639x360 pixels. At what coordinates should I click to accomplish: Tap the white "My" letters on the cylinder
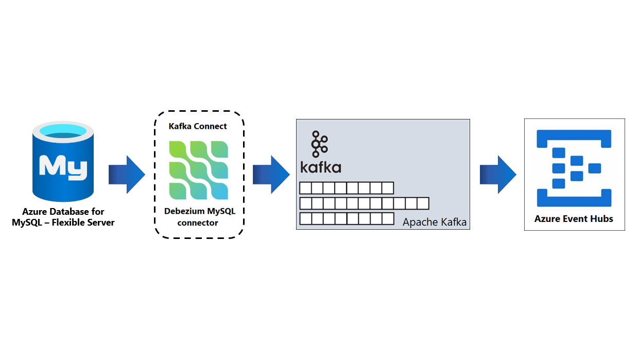[x=63, y=166]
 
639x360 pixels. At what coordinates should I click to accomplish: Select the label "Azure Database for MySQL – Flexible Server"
[x=63, y=217]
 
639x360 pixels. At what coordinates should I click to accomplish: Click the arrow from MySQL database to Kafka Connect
[x=127, y=175]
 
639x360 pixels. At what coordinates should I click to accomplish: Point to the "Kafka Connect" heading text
[x=198, y=126]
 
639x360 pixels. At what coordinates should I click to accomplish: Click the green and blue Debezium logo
[x=198, y=170]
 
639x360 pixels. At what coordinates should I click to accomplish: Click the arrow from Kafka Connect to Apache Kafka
[x=271, y=175]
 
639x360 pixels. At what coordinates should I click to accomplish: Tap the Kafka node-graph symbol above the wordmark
[x=319, y=144]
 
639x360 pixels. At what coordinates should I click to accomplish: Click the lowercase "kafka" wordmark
[x=320, y=167]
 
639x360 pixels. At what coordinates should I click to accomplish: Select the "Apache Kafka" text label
[x=435, y=222]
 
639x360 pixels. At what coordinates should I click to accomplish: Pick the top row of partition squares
[x=347, y=188]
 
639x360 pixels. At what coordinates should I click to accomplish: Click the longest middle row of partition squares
[x=364, y=203]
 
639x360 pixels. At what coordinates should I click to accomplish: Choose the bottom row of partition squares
[x=347, y=219]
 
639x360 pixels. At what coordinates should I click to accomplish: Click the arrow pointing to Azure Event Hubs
[x=498, y=175]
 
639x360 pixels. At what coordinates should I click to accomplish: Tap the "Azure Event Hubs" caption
[x=574, y=219]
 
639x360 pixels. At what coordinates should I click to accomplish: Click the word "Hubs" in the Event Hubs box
[x=601, y=219]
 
